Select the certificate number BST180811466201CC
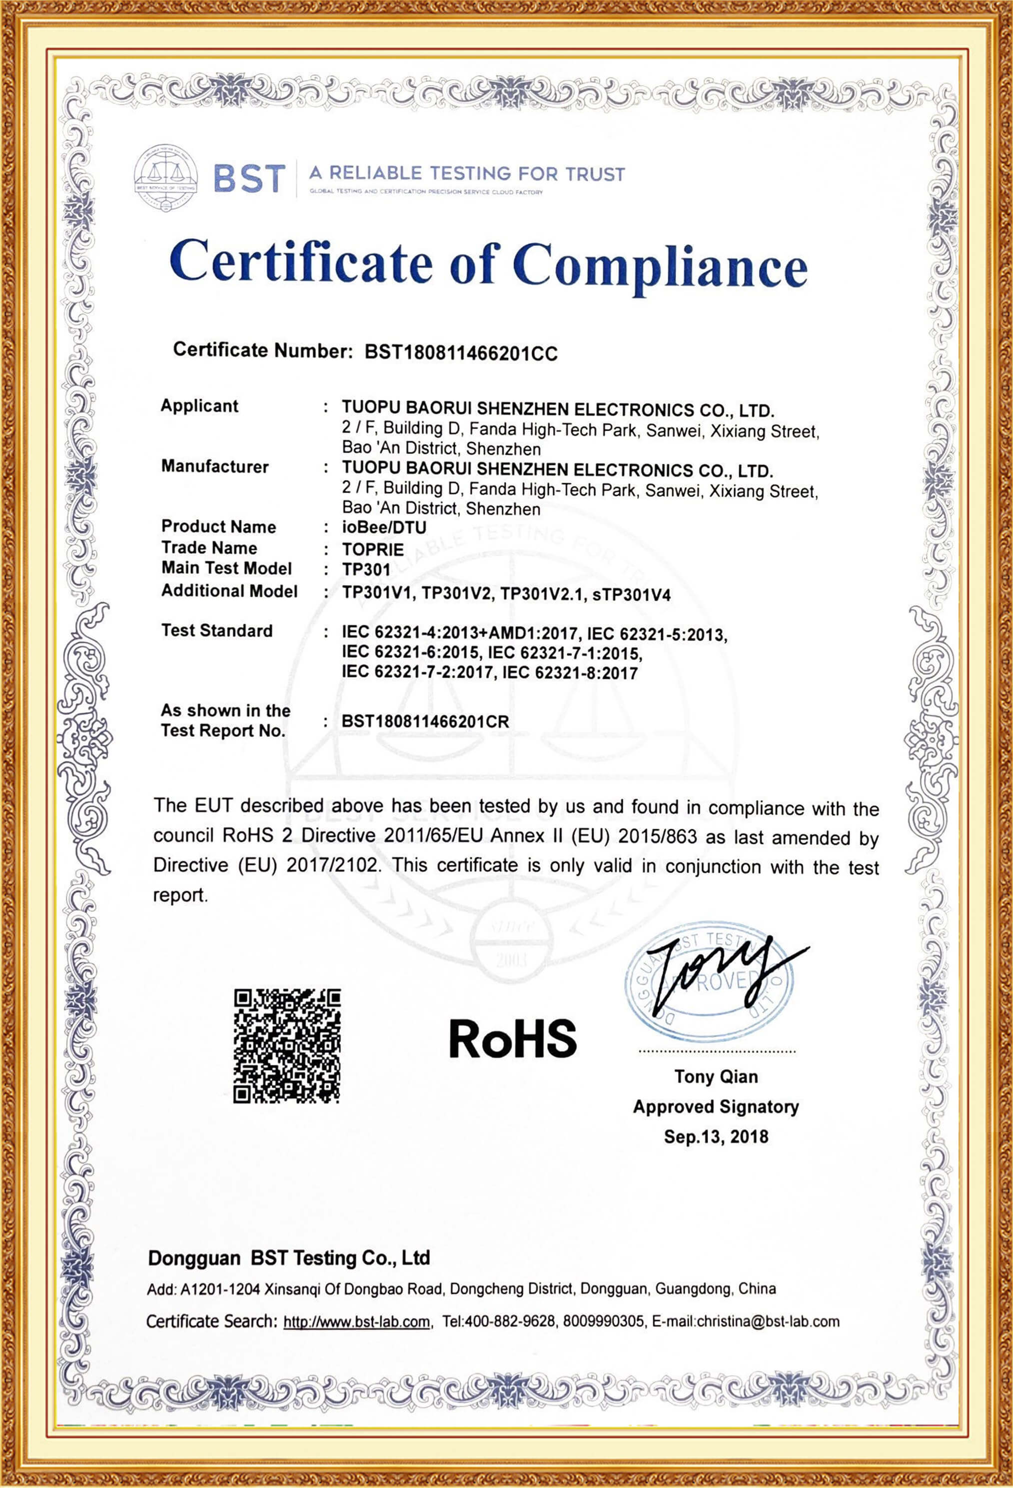coord(461,353)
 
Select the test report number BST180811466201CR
coord(426,722)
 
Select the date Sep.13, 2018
coord(716,1136)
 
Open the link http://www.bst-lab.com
coord(356,1321)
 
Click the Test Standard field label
coord(217,631)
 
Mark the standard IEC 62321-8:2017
coord(570,673)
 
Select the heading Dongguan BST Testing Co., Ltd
coord(288,1258)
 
